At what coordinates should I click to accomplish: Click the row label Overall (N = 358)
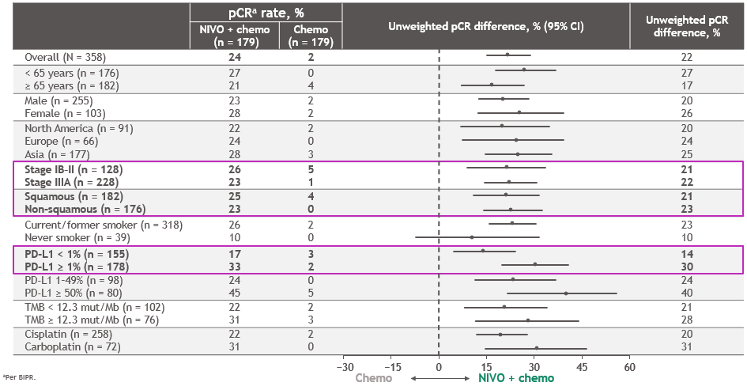pyautogui.click(x=65, y=57)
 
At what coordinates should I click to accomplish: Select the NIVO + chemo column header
pyautogui.click(x=234, y=35)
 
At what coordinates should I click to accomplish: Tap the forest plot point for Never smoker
pyautogui.click(x=472, y=237)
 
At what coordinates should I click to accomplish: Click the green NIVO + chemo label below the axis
pyautogui.click(x=516, y=378)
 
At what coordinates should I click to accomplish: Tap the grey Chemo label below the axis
pyautogui.click(x=374, y=378)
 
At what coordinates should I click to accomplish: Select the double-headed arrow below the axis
pyautogui.click(x=438, y=379)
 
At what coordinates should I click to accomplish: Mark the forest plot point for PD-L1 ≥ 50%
pyautogui.click(x=566, y=293)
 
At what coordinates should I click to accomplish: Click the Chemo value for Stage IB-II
pyautogui.click(x=311, y=169)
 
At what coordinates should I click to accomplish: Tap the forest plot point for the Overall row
pyautogui.click(x=507, y=55)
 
